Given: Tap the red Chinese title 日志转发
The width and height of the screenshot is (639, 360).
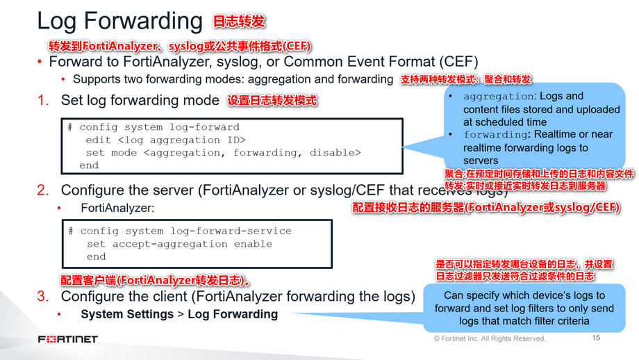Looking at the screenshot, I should pos(240,22).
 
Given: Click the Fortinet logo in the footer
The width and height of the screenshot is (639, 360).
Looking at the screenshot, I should pos(67,339).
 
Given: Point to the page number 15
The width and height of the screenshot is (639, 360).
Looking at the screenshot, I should pos(596,338).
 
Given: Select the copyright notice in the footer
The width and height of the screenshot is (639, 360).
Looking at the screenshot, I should pos(489,339).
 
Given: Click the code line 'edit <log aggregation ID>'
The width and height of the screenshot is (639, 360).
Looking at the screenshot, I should pos(165,140).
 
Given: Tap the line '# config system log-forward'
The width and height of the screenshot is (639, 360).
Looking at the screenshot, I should pos(153,127).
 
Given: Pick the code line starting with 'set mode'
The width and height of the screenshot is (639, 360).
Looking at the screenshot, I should pos(223,152).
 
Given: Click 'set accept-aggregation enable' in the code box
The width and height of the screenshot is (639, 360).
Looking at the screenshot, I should pos(179,244).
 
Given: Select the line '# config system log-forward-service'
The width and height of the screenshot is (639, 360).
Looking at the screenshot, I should pos(179,231).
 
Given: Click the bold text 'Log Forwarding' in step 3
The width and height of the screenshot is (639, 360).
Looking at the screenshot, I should pos(233,314).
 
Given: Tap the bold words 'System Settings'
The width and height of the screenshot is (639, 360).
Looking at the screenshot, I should pos(127,314).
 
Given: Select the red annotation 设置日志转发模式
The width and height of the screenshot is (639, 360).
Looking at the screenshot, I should pos(272,101).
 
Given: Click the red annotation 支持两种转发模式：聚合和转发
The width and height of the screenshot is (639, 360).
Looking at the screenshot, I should pos(466,80).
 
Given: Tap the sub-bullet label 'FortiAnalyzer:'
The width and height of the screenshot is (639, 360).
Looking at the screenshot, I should pos(117,207).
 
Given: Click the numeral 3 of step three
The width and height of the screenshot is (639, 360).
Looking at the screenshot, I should pos(42,297).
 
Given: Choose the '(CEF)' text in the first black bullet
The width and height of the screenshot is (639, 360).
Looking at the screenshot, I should pos(455,61).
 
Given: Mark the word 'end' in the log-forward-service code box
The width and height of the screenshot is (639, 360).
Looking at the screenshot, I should pos(96,256).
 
